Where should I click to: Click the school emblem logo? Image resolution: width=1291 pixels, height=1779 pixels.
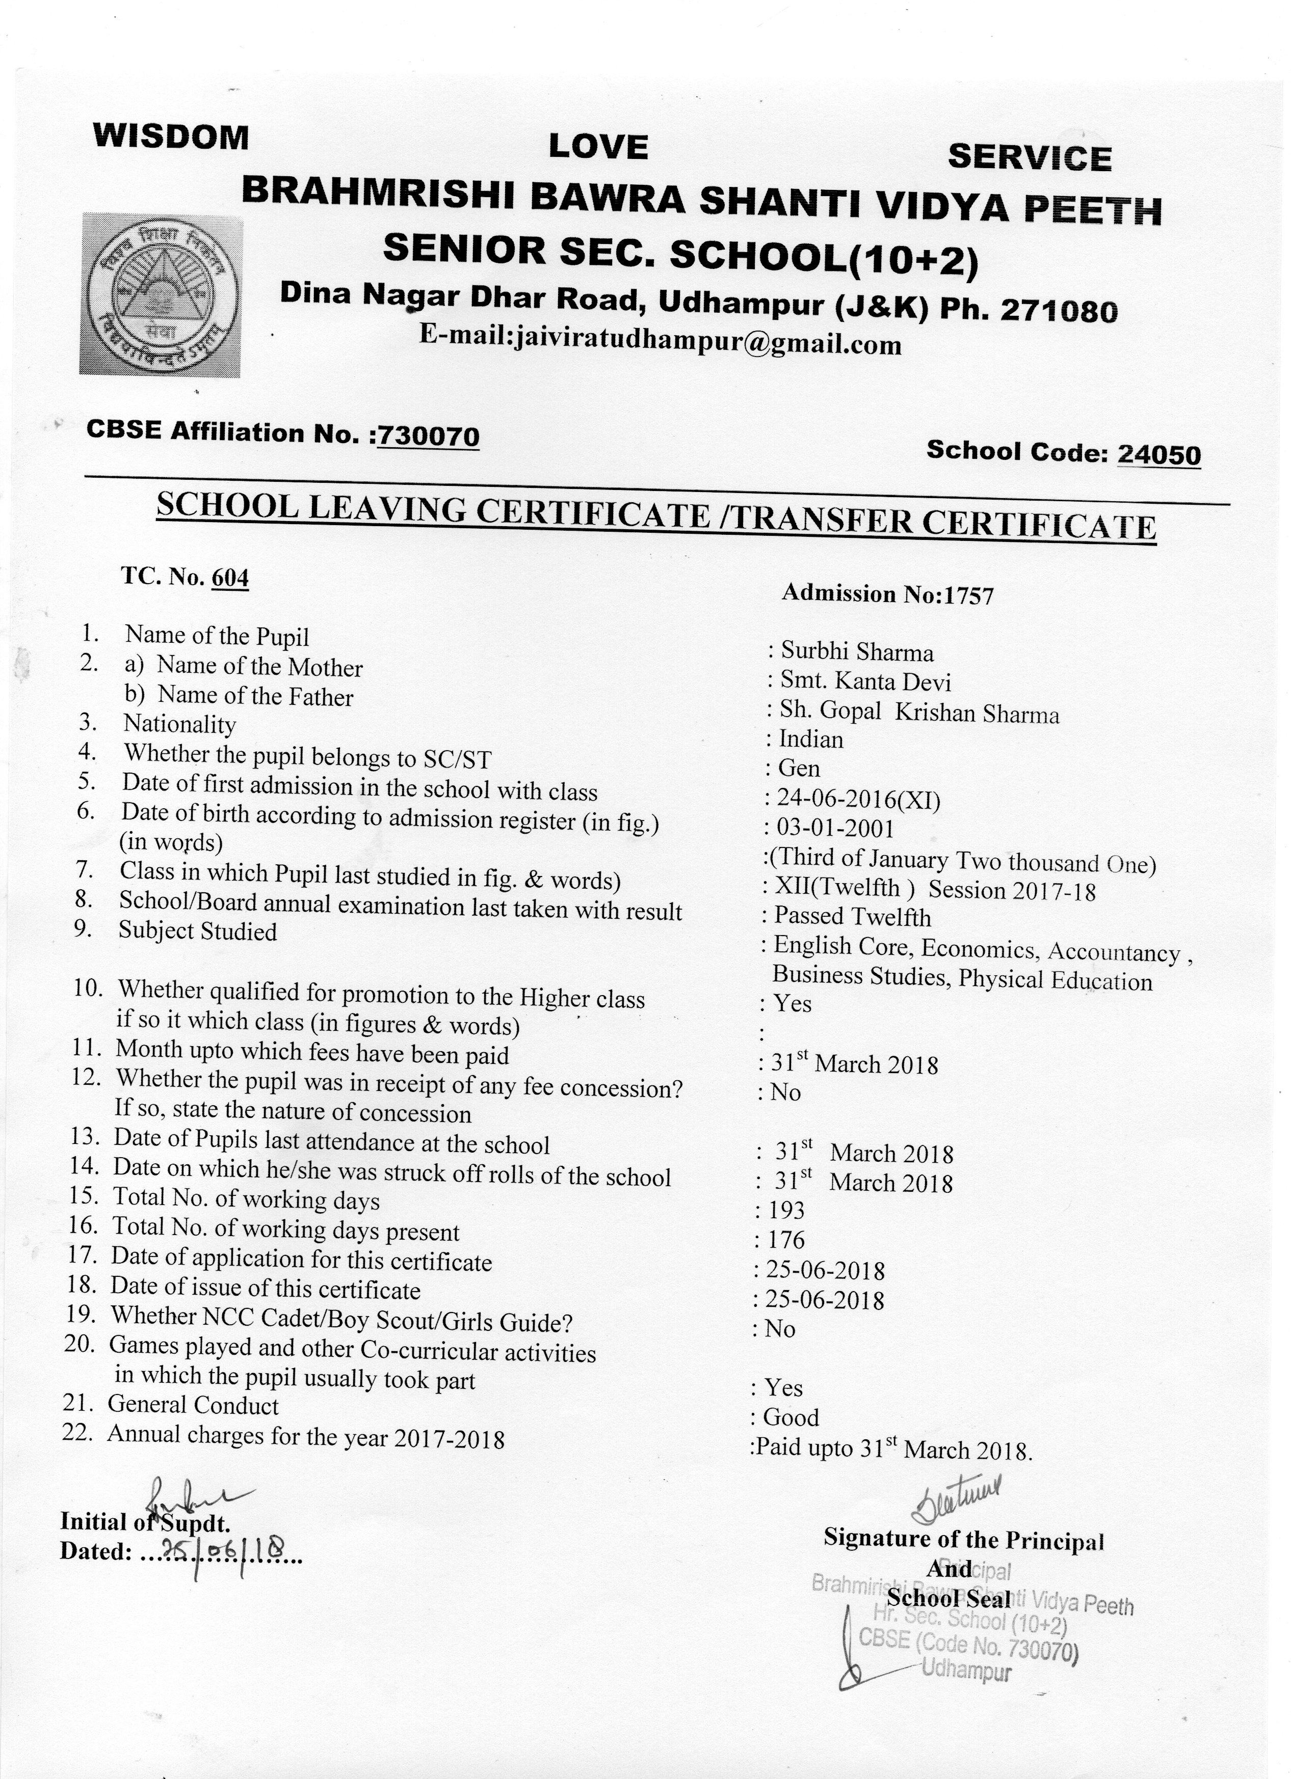click(x=161, y=295)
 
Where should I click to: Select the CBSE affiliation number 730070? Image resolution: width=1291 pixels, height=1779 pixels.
click(x=428, y=435)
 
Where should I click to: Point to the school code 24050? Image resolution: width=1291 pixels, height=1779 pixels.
click(x=1158, y=454)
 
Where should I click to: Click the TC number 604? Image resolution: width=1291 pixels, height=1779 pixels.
click(x=230, y=578)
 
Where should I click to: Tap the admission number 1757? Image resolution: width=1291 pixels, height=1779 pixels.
click(x=968, y=596)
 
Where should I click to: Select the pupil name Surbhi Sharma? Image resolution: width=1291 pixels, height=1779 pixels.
click(x=857, y=652)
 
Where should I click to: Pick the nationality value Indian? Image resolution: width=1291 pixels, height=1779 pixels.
click(x=811, y=739)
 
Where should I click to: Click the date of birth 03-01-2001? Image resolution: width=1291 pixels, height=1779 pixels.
click(x=835, y=828)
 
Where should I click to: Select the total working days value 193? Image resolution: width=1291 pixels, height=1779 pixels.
click(x=786, y=1210)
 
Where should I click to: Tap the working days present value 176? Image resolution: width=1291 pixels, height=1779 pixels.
click(x=786, y=1240)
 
